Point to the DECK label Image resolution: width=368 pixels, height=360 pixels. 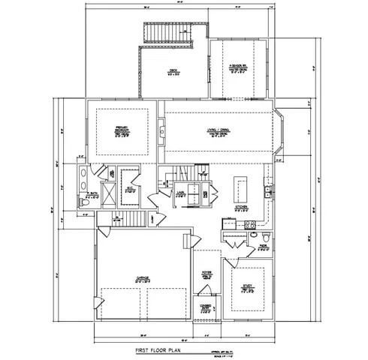tap(173, 72)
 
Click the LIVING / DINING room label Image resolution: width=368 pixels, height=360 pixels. tap(219, 133)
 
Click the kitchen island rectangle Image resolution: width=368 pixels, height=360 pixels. tap(240, 184)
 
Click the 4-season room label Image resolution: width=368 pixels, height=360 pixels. tap(238, 69)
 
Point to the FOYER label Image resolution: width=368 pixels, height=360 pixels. tap(206, 275)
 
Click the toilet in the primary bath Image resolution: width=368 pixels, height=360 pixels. tap(85, 202)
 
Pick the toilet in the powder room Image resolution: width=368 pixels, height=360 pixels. tap(264, 235)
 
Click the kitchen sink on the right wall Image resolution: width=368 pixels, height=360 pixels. tap(267, 192)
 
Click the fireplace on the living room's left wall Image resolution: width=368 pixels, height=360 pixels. tap(163, 133)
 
